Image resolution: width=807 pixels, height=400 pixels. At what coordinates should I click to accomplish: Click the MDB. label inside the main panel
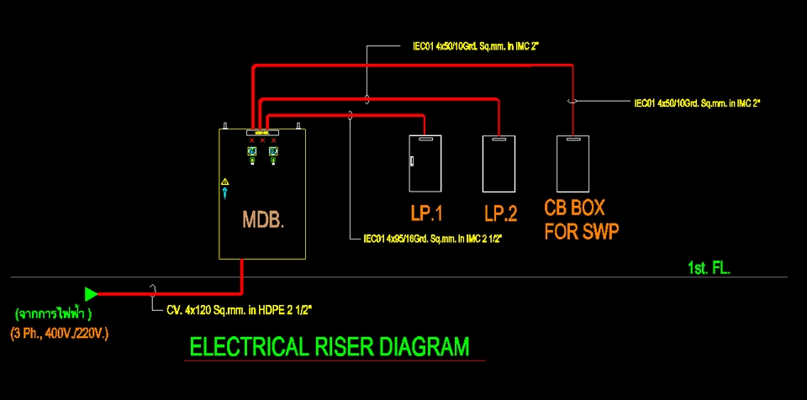coord(263,220)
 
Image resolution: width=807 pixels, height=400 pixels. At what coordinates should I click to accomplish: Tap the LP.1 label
coord(426,213)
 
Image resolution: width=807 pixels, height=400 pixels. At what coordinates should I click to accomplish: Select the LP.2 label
coord(500,213)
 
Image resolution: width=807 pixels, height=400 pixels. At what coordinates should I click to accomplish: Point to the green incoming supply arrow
coord(91,294)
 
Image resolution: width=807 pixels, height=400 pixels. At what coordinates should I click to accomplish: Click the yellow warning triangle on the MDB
coord(225,182)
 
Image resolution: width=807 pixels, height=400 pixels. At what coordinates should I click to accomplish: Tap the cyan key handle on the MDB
coord(225,193)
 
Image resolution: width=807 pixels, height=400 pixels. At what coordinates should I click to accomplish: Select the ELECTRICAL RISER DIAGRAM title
coord(330,346)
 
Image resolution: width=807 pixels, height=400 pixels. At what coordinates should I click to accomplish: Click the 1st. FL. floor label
coord(709,268)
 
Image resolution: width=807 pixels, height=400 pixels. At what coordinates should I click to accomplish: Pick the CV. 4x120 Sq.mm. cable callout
coord(240,310)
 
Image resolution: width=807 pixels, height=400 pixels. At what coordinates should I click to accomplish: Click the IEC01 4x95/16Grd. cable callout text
coord(432,239)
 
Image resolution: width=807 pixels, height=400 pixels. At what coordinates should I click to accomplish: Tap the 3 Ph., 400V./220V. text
coord(60,334)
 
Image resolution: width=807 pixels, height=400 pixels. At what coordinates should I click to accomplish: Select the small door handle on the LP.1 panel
coord(412,161)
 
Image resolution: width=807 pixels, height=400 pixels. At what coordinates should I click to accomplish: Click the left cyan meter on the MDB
coord(252,151)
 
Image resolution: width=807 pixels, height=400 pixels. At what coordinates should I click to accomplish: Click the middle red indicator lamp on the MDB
coord(262,139)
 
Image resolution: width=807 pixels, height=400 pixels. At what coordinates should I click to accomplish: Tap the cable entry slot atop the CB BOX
coord(572,139)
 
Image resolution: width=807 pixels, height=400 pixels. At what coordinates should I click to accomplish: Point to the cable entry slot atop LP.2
coord(498,139)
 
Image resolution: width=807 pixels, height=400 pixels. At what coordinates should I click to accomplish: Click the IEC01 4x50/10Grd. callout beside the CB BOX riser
coord(698,103)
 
